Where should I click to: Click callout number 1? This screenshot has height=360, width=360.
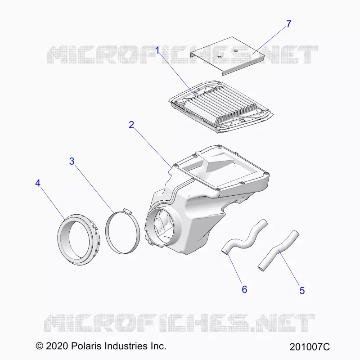[157, 50]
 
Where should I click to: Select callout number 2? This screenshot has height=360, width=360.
[131, 125]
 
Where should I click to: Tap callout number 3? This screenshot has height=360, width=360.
[72, 161]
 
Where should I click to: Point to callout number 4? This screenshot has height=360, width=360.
[38, 183]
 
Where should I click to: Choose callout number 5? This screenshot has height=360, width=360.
[302, 290]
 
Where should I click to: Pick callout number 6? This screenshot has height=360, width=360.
[244, 289]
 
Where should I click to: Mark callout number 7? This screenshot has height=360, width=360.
[288, 24]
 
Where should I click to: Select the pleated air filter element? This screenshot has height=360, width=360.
[221, 107]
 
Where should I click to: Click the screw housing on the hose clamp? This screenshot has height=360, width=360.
[127, 211]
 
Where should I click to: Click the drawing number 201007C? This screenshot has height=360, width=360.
[310, 346]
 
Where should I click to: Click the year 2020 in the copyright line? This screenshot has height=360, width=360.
[57, 346]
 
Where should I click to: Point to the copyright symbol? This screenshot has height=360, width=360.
[40, 346]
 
